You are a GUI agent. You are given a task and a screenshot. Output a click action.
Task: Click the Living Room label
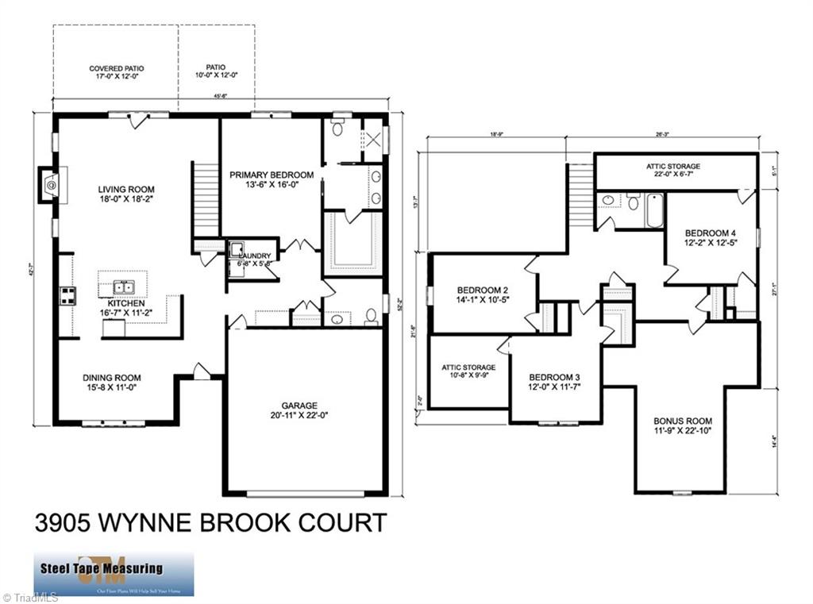126,190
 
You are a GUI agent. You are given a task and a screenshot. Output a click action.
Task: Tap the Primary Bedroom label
272,175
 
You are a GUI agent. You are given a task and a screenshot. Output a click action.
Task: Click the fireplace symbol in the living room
50,185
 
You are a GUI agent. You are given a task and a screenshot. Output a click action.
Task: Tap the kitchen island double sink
123,287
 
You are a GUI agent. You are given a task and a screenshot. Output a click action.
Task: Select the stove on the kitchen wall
67,297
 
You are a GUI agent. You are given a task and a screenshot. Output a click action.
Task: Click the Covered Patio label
116,69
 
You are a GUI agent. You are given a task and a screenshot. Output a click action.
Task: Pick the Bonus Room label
682,421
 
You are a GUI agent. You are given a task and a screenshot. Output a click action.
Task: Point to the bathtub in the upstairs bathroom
653,211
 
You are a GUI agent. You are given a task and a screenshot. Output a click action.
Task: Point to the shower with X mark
372,140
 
